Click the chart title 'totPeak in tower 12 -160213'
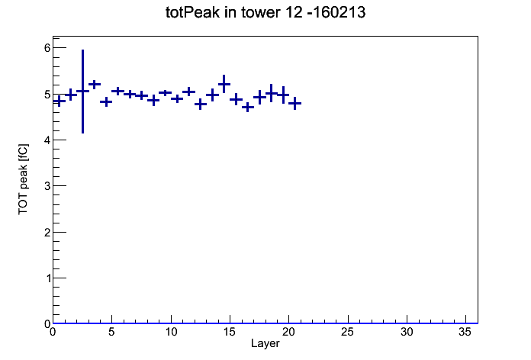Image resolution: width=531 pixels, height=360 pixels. pos(265,12)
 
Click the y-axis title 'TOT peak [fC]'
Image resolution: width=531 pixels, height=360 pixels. pos(23,179)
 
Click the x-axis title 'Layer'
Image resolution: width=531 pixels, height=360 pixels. pos(265,344)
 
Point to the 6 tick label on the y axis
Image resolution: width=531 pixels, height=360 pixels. pos(47,48)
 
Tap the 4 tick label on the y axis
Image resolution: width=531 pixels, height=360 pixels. pos(47,140)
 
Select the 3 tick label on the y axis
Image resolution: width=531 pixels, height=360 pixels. pos(47,186)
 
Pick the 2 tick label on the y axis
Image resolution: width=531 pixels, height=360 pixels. pos(47,233)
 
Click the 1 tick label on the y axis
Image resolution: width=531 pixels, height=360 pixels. pos(47,278)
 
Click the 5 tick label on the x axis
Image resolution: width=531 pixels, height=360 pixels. pos(111,332)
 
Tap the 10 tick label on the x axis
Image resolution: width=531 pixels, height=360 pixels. pos(171,332)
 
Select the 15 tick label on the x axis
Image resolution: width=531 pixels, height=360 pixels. pos(230,332)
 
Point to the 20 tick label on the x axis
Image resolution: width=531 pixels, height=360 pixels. pos(288,332)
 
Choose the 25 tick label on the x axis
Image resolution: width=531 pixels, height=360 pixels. pos(348,332)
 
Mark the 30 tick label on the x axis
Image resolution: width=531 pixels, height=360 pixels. pos(407,332)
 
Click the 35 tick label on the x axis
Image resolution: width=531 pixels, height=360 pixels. pos(465,332)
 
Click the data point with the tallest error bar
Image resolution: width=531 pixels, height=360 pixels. pos(82,91)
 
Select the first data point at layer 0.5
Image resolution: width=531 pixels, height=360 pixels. pos(59,101)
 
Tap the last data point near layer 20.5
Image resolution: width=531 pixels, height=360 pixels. pos(295,103)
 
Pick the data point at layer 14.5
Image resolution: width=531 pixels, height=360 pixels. pos(224,84)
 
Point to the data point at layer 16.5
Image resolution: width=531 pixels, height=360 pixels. pos(248,108)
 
